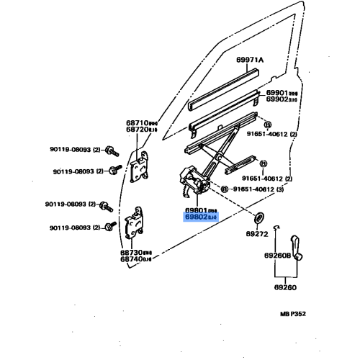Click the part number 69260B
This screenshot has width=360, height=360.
pos(278,255)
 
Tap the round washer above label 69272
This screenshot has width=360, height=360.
pos(258,218)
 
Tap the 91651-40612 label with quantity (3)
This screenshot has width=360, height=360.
pos(266,189)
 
